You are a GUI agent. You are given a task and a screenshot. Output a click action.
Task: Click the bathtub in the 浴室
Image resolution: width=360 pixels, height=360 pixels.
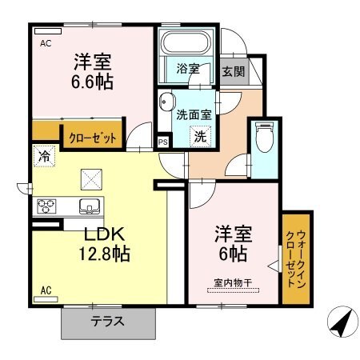tap(186, 42)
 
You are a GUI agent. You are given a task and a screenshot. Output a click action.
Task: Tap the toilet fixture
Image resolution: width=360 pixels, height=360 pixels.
tap(264, 137)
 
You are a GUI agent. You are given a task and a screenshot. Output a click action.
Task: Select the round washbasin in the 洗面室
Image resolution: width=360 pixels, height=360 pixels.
tap(166, 102)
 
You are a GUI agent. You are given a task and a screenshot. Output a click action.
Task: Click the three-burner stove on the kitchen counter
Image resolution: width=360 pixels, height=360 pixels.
tap(46, 206)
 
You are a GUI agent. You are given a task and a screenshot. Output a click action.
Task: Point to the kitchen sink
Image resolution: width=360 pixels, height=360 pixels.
tap(90, 206)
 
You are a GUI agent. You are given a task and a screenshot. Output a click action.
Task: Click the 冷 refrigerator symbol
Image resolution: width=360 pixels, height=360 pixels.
tap(44, 156)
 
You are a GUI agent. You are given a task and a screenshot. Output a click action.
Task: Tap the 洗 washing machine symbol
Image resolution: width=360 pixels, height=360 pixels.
tap(200, 137)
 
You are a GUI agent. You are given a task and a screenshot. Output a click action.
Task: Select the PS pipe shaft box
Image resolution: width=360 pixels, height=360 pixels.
tap(163, 142)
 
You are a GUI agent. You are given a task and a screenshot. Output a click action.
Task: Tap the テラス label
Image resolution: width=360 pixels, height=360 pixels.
tap(108, 321)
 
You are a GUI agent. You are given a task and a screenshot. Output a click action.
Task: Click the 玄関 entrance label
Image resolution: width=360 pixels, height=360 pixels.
tap(234, 71)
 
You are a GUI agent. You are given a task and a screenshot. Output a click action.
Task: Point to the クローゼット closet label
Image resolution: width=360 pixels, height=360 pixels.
tap(93, 138)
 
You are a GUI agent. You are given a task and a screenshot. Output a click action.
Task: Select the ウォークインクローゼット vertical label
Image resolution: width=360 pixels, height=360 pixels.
tap(296, 258)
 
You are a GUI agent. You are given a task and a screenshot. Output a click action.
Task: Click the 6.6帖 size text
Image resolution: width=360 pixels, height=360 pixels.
tap(92, 82)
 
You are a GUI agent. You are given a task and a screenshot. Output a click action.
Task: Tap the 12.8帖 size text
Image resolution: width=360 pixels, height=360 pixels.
tap(105, 254)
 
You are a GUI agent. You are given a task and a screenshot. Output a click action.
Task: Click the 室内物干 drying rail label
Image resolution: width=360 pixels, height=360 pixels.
tap(233, 283)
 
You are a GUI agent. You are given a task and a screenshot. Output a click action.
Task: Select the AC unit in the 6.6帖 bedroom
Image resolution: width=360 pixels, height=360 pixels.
tap(48, 31)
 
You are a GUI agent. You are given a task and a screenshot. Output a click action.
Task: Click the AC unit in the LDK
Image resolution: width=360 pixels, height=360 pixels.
tap(46, 299)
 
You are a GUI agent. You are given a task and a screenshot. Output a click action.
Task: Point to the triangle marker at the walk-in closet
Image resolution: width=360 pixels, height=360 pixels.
tap(273, 266)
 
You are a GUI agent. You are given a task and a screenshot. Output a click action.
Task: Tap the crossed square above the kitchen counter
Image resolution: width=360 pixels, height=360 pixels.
tap(91, 179)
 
